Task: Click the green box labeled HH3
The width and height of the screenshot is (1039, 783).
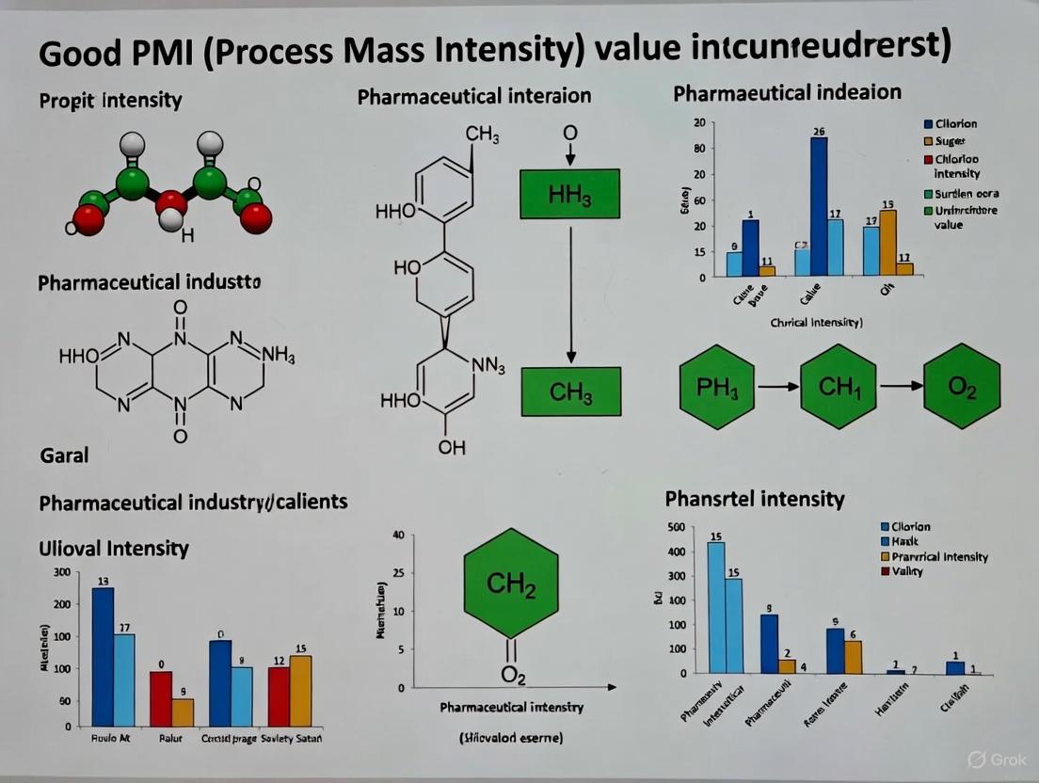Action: click(569, 195)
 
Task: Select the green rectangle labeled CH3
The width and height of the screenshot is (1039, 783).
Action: click(571, 391)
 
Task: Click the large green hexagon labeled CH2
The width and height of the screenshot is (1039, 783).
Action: click(511, 587)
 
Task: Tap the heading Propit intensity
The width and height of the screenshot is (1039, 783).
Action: click(111, 100)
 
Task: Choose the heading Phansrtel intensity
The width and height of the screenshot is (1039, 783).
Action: click(755, 498)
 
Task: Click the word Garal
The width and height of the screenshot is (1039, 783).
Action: click(65, 455)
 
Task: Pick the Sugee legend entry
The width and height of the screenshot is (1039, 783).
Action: click(951, 140)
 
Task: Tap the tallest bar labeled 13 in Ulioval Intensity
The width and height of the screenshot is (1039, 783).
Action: click(103, 657)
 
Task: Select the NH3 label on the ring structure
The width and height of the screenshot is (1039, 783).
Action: click(278, 358)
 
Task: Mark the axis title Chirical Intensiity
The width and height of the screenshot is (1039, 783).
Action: click(816, 322)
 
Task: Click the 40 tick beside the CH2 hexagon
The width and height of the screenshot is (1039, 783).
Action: click(397, 535)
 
